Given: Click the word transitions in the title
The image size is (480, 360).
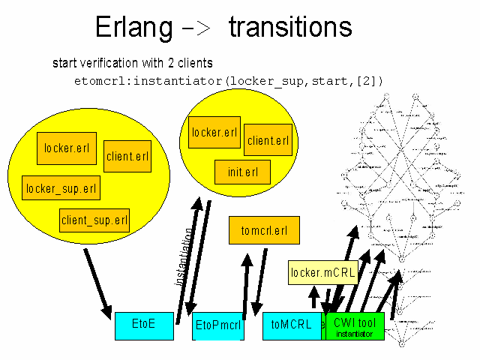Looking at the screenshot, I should point(290,27).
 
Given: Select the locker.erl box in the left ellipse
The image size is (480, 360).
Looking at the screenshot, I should point(67,148).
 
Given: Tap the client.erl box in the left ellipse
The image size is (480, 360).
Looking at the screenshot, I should point(127,156).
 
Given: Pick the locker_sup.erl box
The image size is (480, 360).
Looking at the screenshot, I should point(61,187).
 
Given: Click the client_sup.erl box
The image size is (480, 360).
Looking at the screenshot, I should point(94,220).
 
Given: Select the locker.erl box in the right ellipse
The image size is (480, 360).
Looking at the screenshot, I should point(214,133).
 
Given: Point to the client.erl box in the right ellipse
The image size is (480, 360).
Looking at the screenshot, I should point(268,139).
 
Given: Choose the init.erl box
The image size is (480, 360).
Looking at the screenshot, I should point(243,172).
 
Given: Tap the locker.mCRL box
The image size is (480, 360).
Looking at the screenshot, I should point(322,273).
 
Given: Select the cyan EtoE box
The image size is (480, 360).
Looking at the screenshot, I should point(144,325).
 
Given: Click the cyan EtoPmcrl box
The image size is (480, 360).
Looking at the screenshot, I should point(218,326).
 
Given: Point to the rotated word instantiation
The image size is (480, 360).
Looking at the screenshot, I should point(182,256).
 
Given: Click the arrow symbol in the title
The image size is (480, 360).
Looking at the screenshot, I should point(199,28).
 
